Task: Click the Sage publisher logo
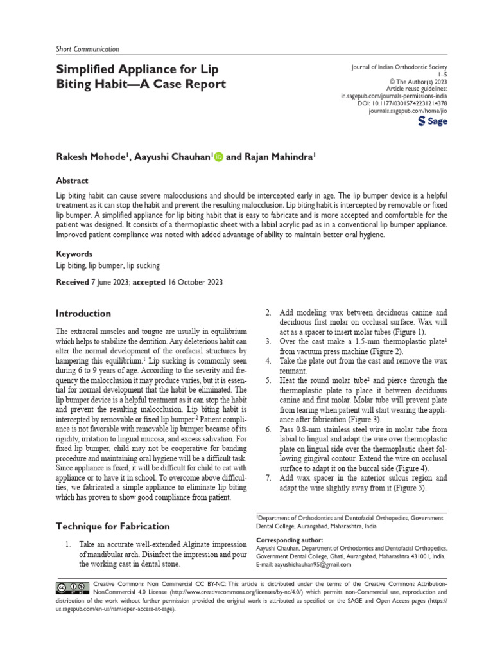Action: click(x=433, y=121)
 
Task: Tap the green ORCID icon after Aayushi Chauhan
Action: click(x=218, y=156)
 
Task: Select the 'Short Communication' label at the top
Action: click(x=82, y=49)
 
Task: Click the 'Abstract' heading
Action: click(x=72, y=181)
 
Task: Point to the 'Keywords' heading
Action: click(x=74, y=254)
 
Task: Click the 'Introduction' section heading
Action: click(x=83, y=314)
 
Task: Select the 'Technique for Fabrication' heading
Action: click(x=112, y=526)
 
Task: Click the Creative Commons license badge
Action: click(x=72, y=587)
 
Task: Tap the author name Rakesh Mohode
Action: click(x=92, y=156)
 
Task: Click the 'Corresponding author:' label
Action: click(x=290, y=540)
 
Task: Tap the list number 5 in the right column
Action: click(x=268, y=381)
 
